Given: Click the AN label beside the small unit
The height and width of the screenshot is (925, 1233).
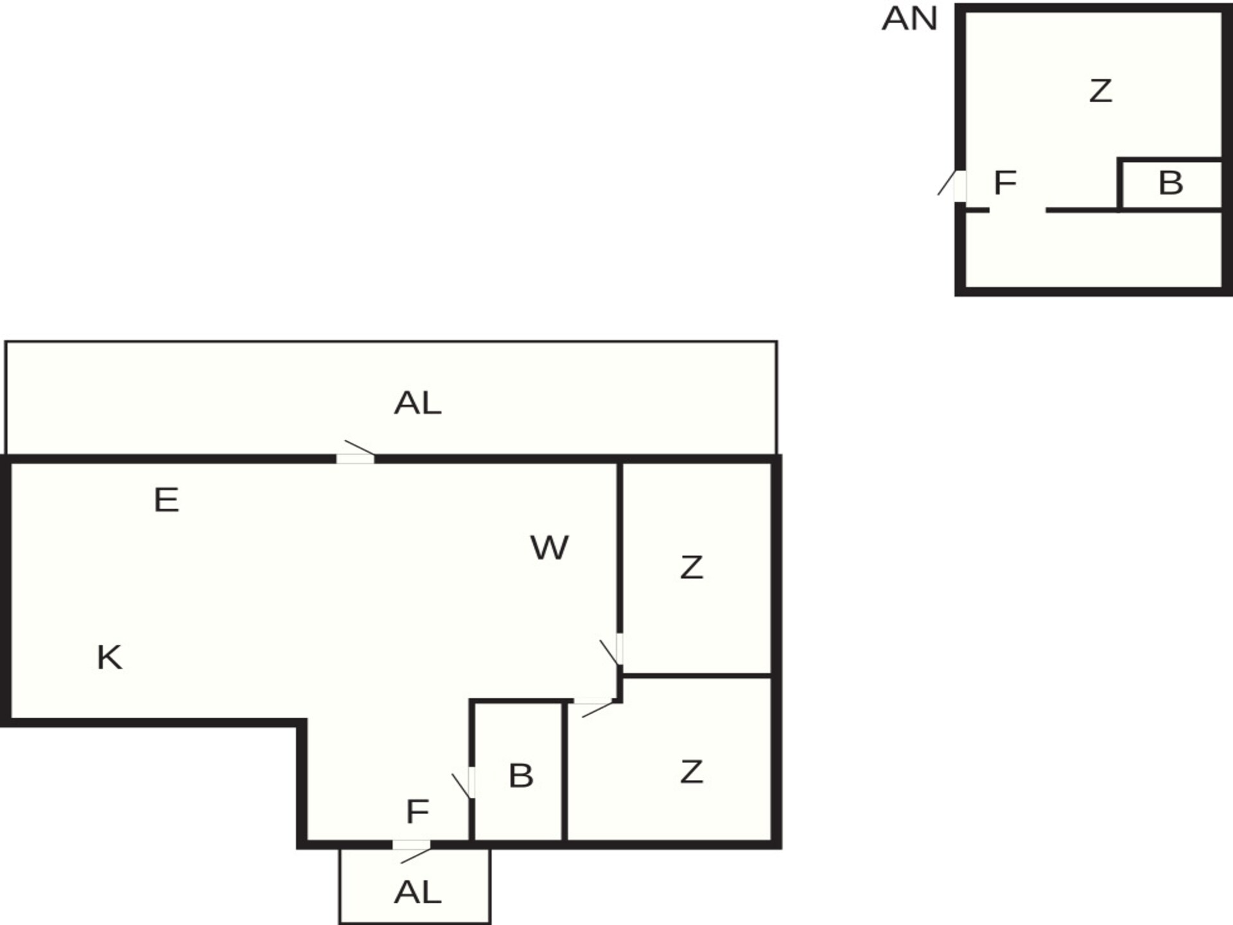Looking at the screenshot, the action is tap(909, 19).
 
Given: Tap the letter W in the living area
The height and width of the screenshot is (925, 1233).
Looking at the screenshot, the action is tap(550, 548).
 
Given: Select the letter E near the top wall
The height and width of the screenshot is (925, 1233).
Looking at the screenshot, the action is tap(166, 500).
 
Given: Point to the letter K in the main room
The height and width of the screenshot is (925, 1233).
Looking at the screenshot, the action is tap(109, 658).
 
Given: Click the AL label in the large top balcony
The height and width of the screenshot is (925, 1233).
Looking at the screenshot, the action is tap(417, 403).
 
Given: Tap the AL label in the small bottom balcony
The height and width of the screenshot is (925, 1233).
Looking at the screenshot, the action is tap(417, 892).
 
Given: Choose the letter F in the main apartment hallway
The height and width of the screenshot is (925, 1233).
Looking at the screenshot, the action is tap(417, 812).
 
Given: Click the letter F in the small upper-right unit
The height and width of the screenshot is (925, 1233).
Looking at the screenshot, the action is tap(1005, 183).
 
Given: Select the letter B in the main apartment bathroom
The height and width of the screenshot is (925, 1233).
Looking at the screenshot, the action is tap(521, 776).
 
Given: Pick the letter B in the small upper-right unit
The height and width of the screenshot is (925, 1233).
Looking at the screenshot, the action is tap(1171, 183).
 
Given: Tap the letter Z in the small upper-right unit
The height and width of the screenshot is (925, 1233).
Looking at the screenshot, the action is tap(1101, 91).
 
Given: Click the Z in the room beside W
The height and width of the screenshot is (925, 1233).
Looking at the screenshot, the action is tap(692, 568).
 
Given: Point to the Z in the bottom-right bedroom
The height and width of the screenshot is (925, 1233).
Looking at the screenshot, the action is tap(692, 772).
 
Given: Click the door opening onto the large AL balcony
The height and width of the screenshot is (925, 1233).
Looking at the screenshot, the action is tap(356, 458).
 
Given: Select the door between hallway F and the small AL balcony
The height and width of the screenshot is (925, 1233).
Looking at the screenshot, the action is tap(412, 845).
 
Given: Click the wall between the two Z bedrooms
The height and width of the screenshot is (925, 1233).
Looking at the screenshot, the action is tap(697, 676).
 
